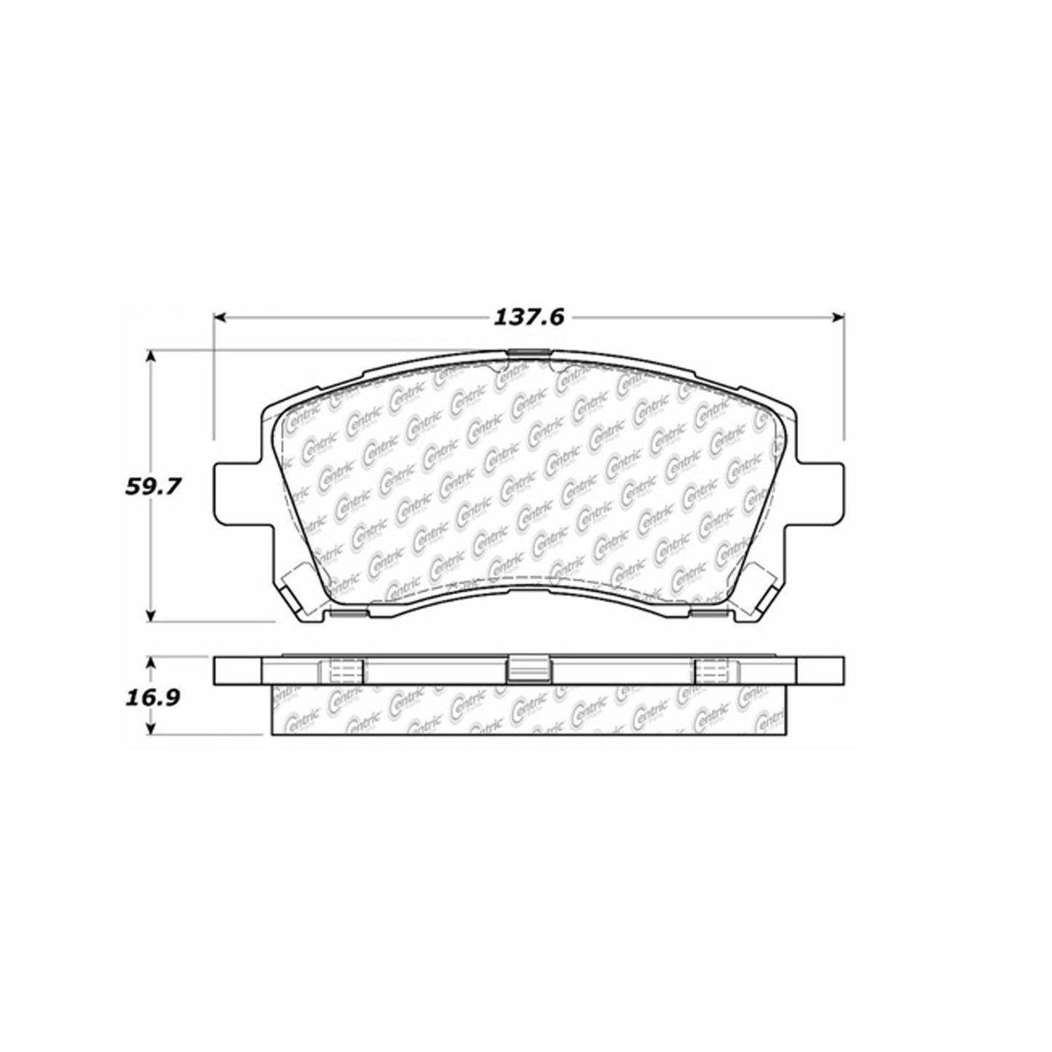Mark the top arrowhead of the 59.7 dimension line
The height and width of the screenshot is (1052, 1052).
151,355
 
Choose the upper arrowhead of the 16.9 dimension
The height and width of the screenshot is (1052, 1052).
151,664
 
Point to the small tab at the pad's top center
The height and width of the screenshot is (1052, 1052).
527,354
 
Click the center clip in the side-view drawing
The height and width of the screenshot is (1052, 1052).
527,669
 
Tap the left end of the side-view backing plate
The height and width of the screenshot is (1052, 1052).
237,670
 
